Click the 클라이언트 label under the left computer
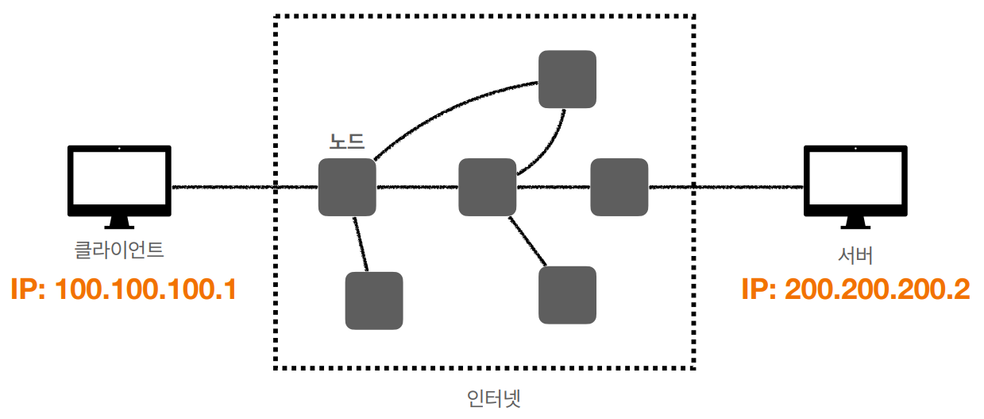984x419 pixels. tap(119, 251)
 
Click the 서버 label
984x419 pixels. tap(855, 256)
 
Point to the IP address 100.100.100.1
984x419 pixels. tap(124, 289)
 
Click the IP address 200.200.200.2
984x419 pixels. tap(855, 289)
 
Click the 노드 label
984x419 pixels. tap(347, 142)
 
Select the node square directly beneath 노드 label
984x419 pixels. tap(347, 187)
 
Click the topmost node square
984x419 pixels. tap(567, 80)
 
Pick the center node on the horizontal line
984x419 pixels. tap(488, 187)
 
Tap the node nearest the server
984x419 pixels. tap(619, 187)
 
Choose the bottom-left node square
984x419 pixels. tap(374, 301)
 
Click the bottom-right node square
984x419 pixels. tap(567, 295)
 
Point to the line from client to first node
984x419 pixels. tap(238, 188)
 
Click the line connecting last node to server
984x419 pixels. tap(727, 188)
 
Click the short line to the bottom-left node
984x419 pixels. tap(361, 243)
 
